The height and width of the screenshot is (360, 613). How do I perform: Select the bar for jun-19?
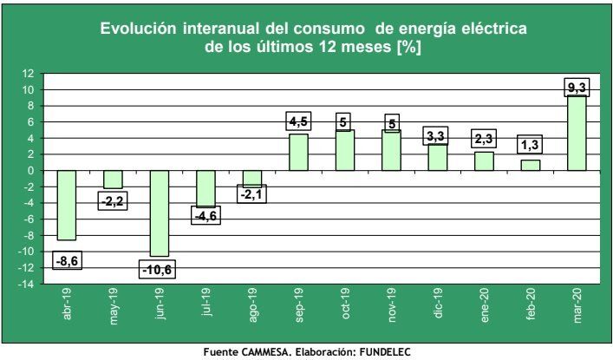160,213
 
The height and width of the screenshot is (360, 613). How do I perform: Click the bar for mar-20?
577,133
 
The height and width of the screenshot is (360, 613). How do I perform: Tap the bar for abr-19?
67,205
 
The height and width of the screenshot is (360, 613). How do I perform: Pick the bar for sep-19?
298,152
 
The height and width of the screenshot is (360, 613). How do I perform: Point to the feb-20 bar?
530,165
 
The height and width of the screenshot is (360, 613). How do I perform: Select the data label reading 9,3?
577,87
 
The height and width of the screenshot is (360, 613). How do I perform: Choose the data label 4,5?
298,122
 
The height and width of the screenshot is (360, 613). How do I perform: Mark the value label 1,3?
530,145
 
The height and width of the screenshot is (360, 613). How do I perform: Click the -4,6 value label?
205,215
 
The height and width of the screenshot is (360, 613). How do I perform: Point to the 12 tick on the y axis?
28,73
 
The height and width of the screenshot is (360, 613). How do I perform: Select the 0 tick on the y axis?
30,171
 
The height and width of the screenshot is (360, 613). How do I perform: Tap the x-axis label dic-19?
439,304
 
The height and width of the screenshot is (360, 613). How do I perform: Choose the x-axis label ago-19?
252,306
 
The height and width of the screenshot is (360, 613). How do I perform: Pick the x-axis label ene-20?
485,305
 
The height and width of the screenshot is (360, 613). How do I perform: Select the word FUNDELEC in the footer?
379,351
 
